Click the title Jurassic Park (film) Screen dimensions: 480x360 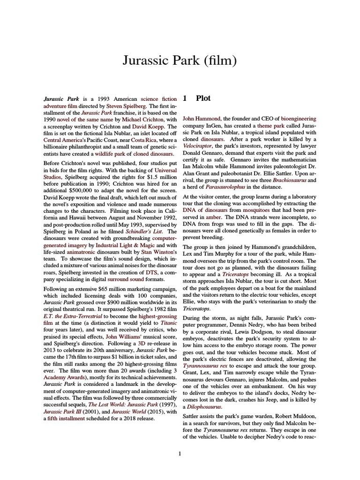coord(180,60)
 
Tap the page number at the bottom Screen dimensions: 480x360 coord(180,453)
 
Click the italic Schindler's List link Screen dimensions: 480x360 coord(144,232)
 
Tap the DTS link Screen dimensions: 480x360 coord(151,272)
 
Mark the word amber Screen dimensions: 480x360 coord(213,217)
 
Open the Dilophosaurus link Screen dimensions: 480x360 coord(204,406)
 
